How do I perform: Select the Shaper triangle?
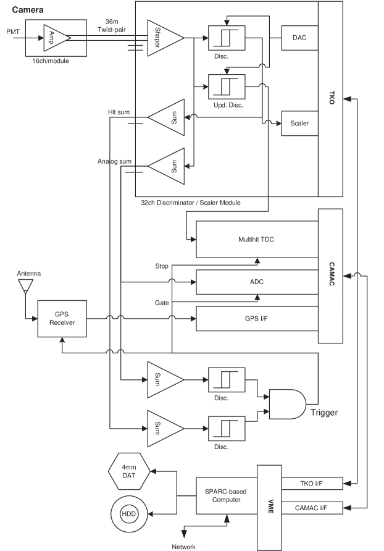point(164,38)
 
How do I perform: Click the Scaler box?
point(299,124)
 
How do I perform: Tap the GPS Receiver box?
point(62,319)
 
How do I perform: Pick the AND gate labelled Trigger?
point(286,403)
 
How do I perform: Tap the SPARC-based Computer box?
point(226,495)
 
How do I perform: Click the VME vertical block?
point(269,503)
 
